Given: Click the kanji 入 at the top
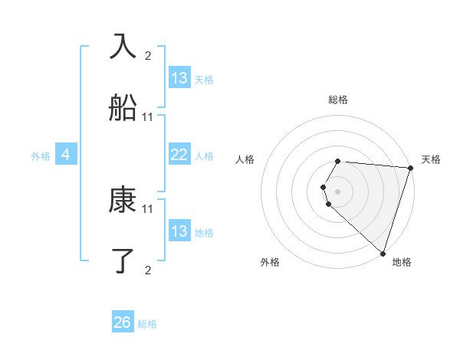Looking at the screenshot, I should [x=123, y=47].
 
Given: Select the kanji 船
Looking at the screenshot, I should [x=123, y=109].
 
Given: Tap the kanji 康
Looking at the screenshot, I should [x=123, y=201].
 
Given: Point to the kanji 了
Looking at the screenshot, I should [x=123, y=261].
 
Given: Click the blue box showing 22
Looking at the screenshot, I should [x=179, y=155].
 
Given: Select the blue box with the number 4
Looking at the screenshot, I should [x=66, y=155].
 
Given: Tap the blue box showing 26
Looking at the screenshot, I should [x=123, y=323].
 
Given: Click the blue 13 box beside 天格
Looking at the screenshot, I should [x=179, y=78].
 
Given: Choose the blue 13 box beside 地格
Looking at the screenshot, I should [x=179, y=231].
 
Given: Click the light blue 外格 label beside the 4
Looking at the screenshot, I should [x=41, y=156].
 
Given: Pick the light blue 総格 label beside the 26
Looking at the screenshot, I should [x=147, y=324].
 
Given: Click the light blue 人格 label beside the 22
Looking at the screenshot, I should [x=204, y=156].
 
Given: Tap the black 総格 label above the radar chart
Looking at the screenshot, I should [x=337, y=100].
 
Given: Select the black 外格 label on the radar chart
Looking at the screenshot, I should [x=270, y=263].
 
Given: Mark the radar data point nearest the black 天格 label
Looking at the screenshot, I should [x=410, y=168].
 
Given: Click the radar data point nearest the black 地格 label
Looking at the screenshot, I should [x=383, y=253].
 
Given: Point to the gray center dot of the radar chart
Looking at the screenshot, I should [x=337, y=191].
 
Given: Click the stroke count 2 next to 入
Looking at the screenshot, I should [x=148, y=55].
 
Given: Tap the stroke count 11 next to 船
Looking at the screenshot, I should [x=148, y=116].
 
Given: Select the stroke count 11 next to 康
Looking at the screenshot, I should [x=148, y=208].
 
